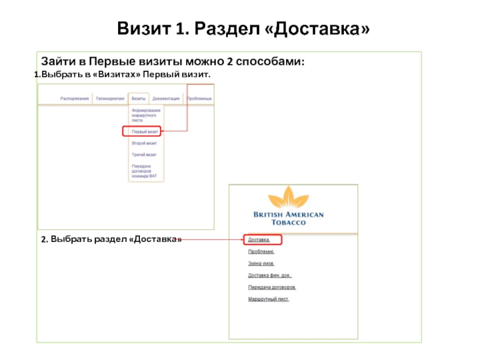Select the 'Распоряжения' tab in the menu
pyautogui.click(x=74, y=98)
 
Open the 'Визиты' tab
pyautogui.click(x=139, y=98)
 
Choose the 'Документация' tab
pyautogui.click(x=166, y=98)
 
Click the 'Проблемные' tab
pyautogui.click(x=199, y=98)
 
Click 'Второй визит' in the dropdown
pyautogui.click(x=144, y=143)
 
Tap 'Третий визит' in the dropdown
pyautogui.click(x=144, y=155)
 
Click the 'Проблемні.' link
pyautogui.click(x=261, y=252)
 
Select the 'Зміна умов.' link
pyautogui.click(x=262, y=264)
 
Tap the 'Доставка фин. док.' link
pyautogui.click(x=269, y=275)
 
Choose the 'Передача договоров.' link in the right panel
pyautogui.click(x=272, y=287)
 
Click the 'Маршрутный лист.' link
pyautogui.click(x=268, y=299)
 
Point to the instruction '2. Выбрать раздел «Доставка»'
pyautogui.click(x=112, y=240)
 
